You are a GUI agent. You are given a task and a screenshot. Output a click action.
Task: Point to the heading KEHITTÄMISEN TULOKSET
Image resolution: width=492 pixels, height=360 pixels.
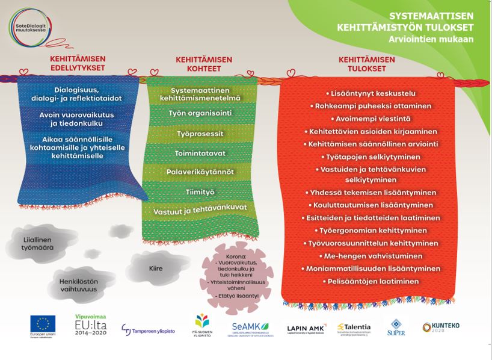click(x=366, y=64)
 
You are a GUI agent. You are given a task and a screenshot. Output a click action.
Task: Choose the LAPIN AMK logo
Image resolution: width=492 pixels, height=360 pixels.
click(x=307, y=327)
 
